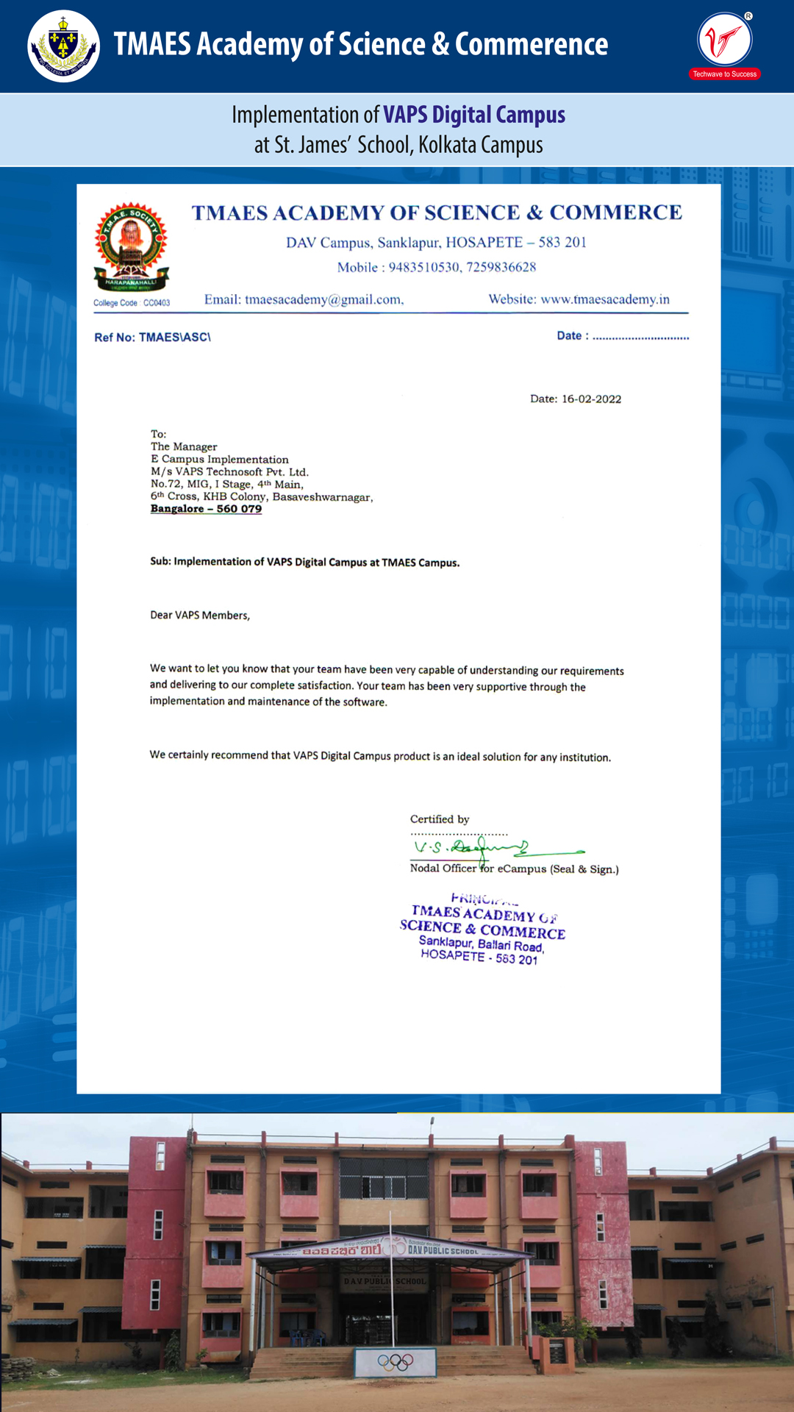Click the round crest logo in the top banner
pos(63,46)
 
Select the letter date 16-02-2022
pos(591,399)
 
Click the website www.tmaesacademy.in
pos(605,299)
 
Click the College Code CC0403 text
pos(132,303)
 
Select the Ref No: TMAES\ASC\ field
pos(152,338)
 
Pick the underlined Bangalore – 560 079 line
pos(206,509)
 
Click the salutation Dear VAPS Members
pos(200,615)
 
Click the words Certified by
pos(440,819)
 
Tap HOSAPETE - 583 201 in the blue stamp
pos(479,957)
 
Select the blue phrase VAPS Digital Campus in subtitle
pos(474,115)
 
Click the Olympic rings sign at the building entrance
pos(396,1362)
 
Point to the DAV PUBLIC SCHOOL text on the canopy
pos(443,1250)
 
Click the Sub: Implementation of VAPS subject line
pos(304,562)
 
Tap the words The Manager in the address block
pos(184,446)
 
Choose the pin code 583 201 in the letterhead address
pos(562,243)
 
